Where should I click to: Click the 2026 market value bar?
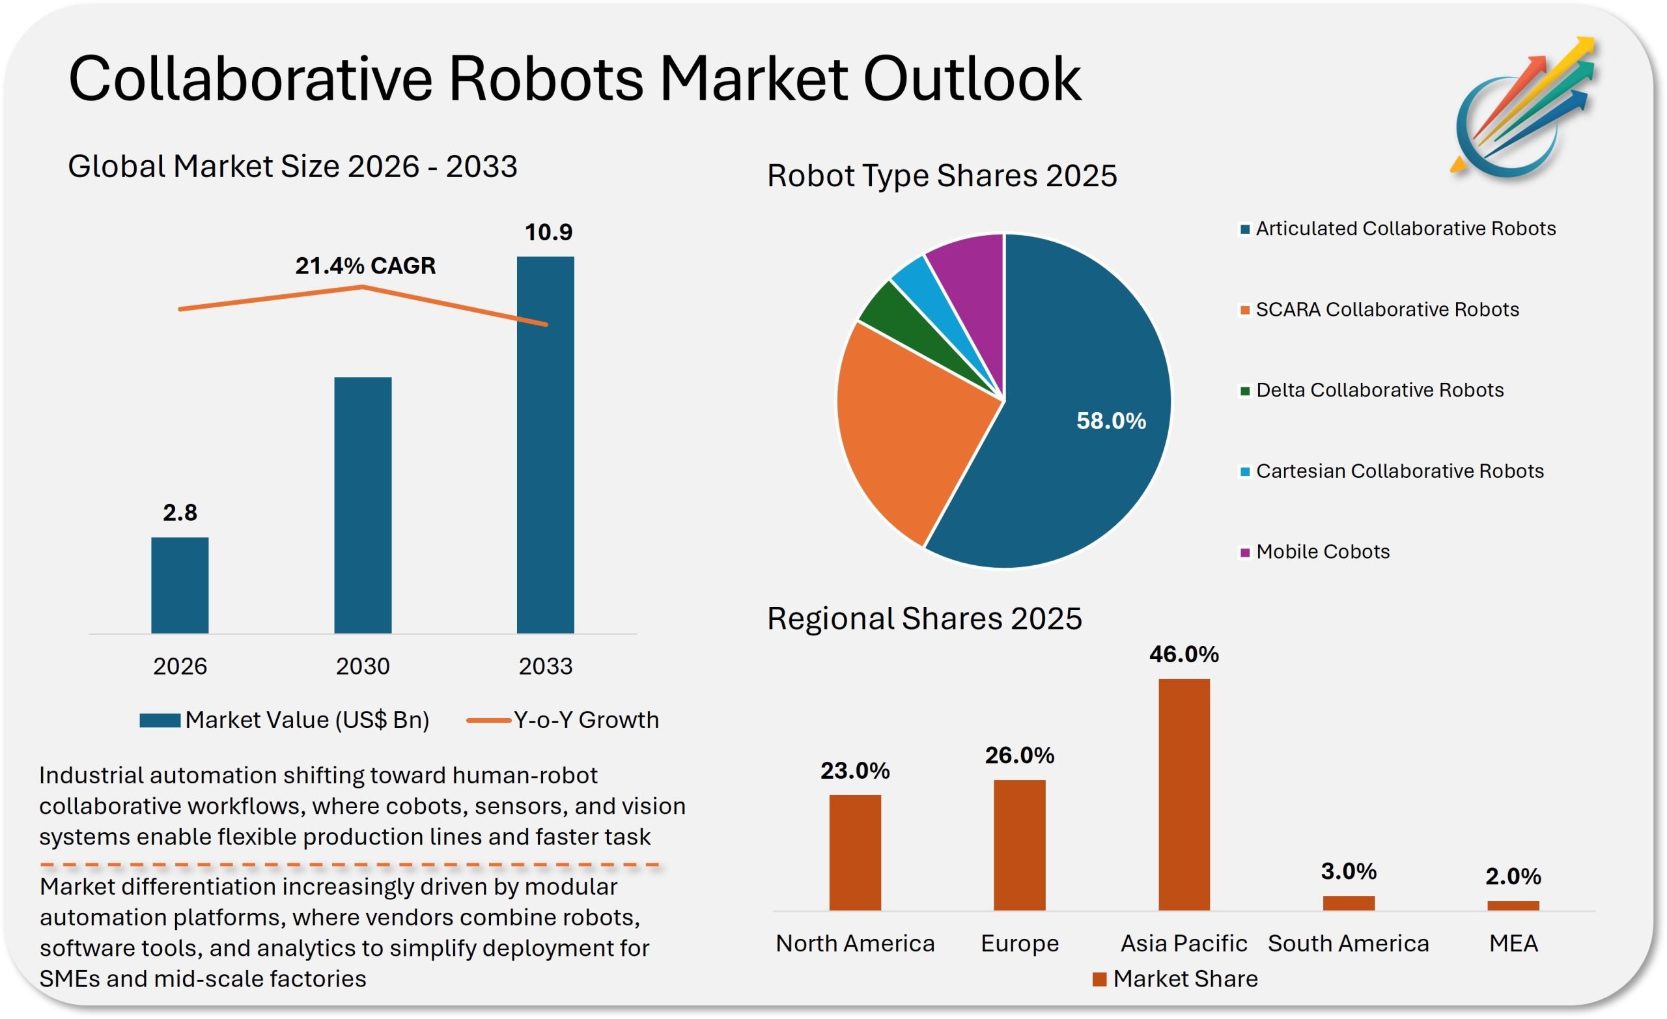(180, 585)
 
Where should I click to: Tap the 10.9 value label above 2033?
(549, 232)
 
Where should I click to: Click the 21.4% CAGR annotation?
(365, 266)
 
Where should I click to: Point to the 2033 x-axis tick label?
(545, 667)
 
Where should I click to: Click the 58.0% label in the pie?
(1111, 421)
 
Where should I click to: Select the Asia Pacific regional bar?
(1184, 794)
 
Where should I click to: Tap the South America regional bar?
(1349, 903)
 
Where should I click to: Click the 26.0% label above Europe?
(1020, 755)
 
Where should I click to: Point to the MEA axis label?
(1513, 943)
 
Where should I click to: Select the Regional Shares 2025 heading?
(924, 619)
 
